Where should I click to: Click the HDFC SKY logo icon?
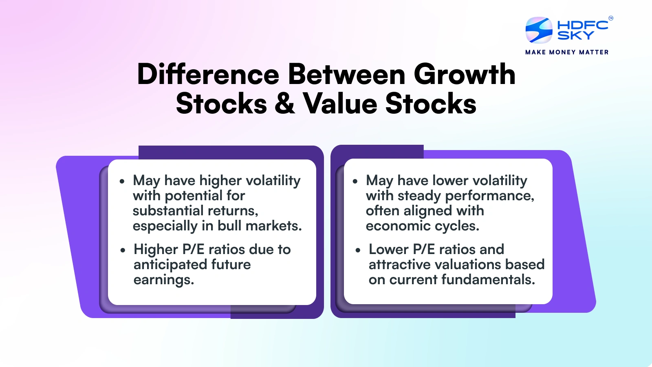[x=539, y=30]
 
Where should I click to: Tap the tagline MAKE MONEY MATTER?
[x=567, y=52]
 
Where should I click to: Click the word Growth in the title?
[x=465, y=75]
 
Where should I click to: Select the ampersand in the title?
[x=284, y=104]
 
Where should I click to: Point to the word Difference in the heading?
[x=208, y=75]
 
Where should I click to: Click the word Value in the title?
[x=340, y=104]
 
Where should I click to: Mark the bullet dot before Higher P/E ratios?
[x=123, y=250]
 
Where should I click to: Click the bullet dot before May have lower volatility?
[x=355, y=181]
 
